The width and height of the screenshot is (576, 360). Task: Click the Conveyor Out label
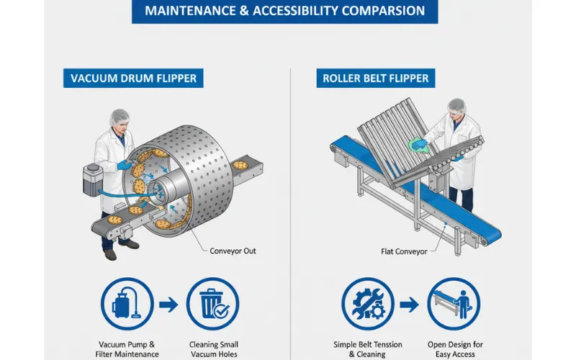tap(233, 251)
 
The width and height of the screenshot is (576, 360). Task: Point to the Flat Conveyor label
tap(405, 251)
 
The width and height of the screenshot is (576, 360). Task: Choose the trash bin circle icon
tap(213, 305)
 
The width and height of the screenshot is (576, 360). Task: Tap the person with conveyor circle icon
tap(453, 305)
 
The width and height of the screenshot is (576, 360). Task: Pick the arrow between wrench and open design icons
tap(410, 305)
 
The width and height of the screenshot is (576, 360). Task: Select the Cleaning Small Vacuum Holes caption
tap(214, 348)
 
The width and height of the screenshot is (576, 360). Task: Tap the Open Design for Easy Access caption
tap(454, 348)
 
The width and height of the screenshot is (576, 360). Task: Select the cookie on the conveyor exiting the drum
tap(240, 165)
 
